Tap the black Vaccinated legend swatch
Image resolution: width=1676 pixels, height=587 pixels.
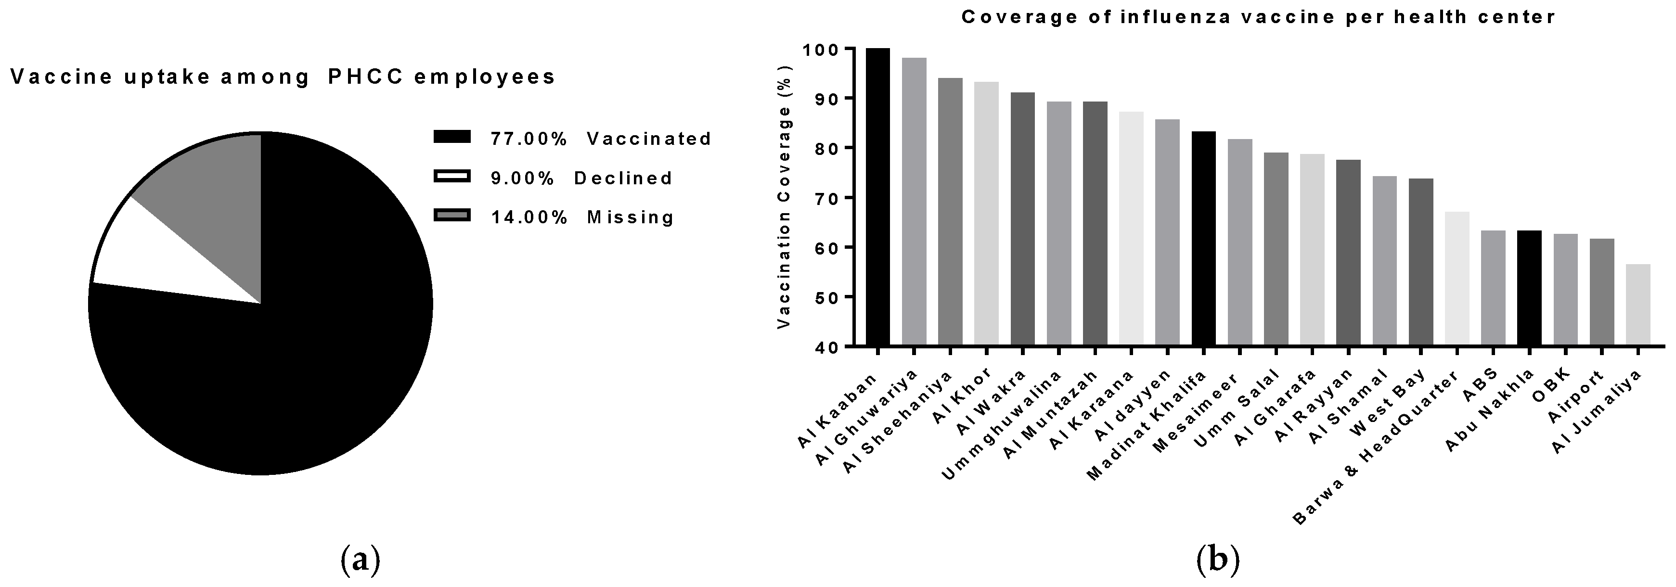(451, 137)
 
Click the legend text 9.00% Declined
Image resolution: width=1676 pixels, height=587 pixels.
(581, 178)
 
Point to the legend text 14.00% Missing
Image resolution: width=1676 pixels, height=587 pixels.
(582, 217)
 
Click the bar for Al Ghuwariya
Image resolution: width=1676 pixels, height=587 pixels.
(914, 202)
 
